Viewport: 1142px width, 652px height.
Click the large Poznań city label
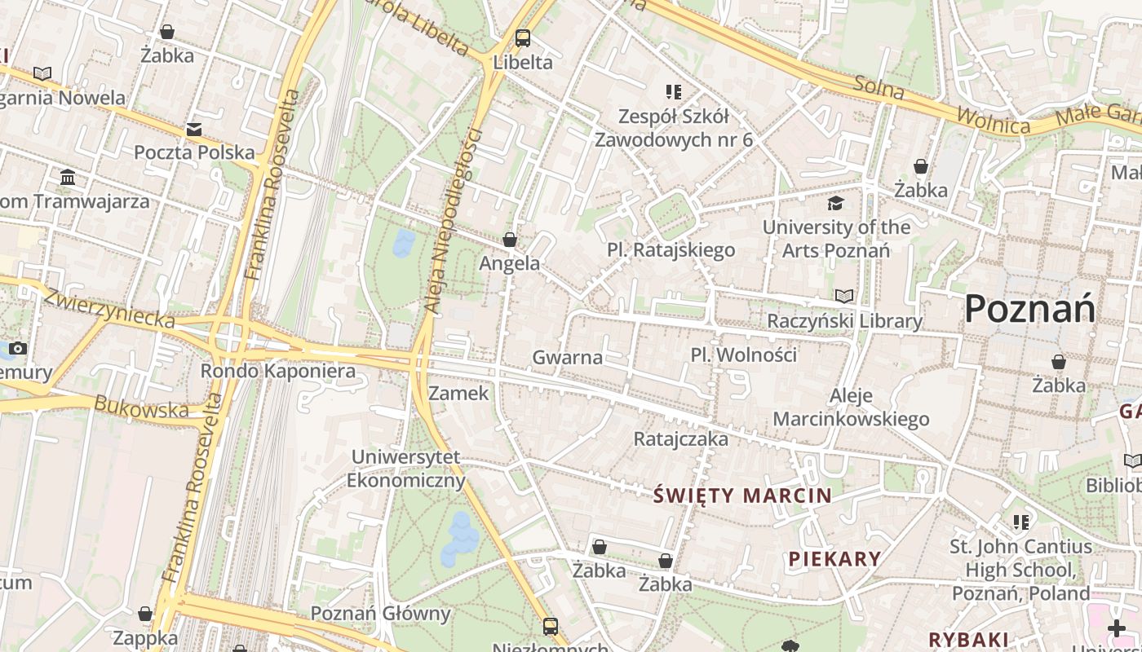tap(1029, 310)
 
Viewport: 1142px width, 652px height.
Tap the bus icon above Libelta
tap(523, 37)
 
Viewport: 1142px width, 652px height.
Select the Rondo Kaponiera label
tap(278, 372)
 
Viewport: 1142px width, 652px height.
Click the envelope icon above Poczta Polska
tap(194, 130)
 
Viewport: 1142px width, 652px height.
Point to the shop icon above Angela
tap(510, 240)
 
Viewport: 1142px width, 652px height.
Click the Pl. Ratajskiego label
tap(671, 250)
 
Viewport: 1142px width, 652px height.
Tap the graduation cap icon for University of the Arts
tap(835, 203)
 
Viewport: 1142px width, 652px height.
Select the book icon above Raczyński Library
tap(844, 297)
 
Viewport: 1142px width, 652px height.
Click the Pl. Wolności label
tap(743, 355)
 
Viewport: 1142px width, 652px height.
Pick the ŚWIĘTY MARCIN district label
tap(742, 496)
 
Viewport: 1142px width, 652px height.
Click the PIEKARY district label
tap(834, 559)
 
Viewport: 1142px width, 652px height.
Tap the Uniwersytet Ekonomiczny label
tap(405, 469)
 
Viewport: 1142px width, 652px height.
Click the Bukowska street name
tap(140, 407)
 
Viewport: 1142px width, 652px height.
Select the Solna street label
tap(879, 87)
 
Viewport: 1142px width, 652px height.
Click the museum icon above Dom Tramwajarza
tap(68, 177)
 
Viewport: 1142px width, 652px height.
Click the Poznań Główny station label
tap(380, 613)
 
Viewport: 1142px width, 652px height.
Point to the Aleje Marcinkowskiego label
tap(851, 407)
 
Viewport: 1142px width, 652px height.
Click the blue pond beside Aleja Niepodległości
tap(404, 243)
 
